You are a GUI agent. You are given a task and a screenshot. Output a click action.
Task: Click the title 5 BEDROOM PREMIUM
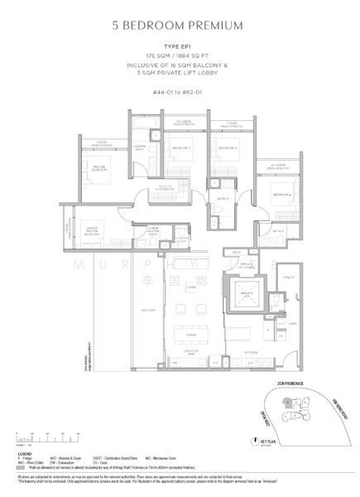(180, 26)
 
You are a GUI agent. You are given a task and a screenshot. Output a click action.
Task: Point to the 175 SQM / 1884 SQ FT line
(180, 60)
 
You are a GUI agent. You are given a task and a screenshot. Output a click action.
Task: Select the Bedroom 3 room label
(226, 148)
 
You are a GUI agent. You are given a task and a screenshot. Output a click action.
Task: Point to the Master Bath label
(139, 150)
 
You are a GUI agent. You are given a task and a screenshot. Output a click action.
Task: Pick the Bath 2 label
(223, 200)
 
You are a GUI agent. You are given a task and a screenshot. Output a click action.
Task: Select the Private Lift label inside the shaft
(247, 294)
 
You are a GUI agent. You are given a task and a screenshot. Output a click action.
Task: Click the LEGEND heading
(26, 455)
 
